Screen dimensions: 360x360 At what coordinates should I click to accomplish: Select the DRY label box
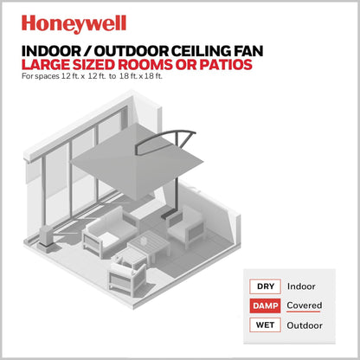[x=263, y=286]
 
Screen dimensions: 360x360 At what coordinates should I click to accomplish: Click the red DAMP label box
[x=263, y=305]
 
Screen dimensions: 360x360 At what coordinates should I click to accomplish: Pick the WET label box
[x=263, y=325]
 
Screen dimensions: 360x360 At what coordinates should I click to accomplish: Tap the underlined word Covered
[x=306, y=305]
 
